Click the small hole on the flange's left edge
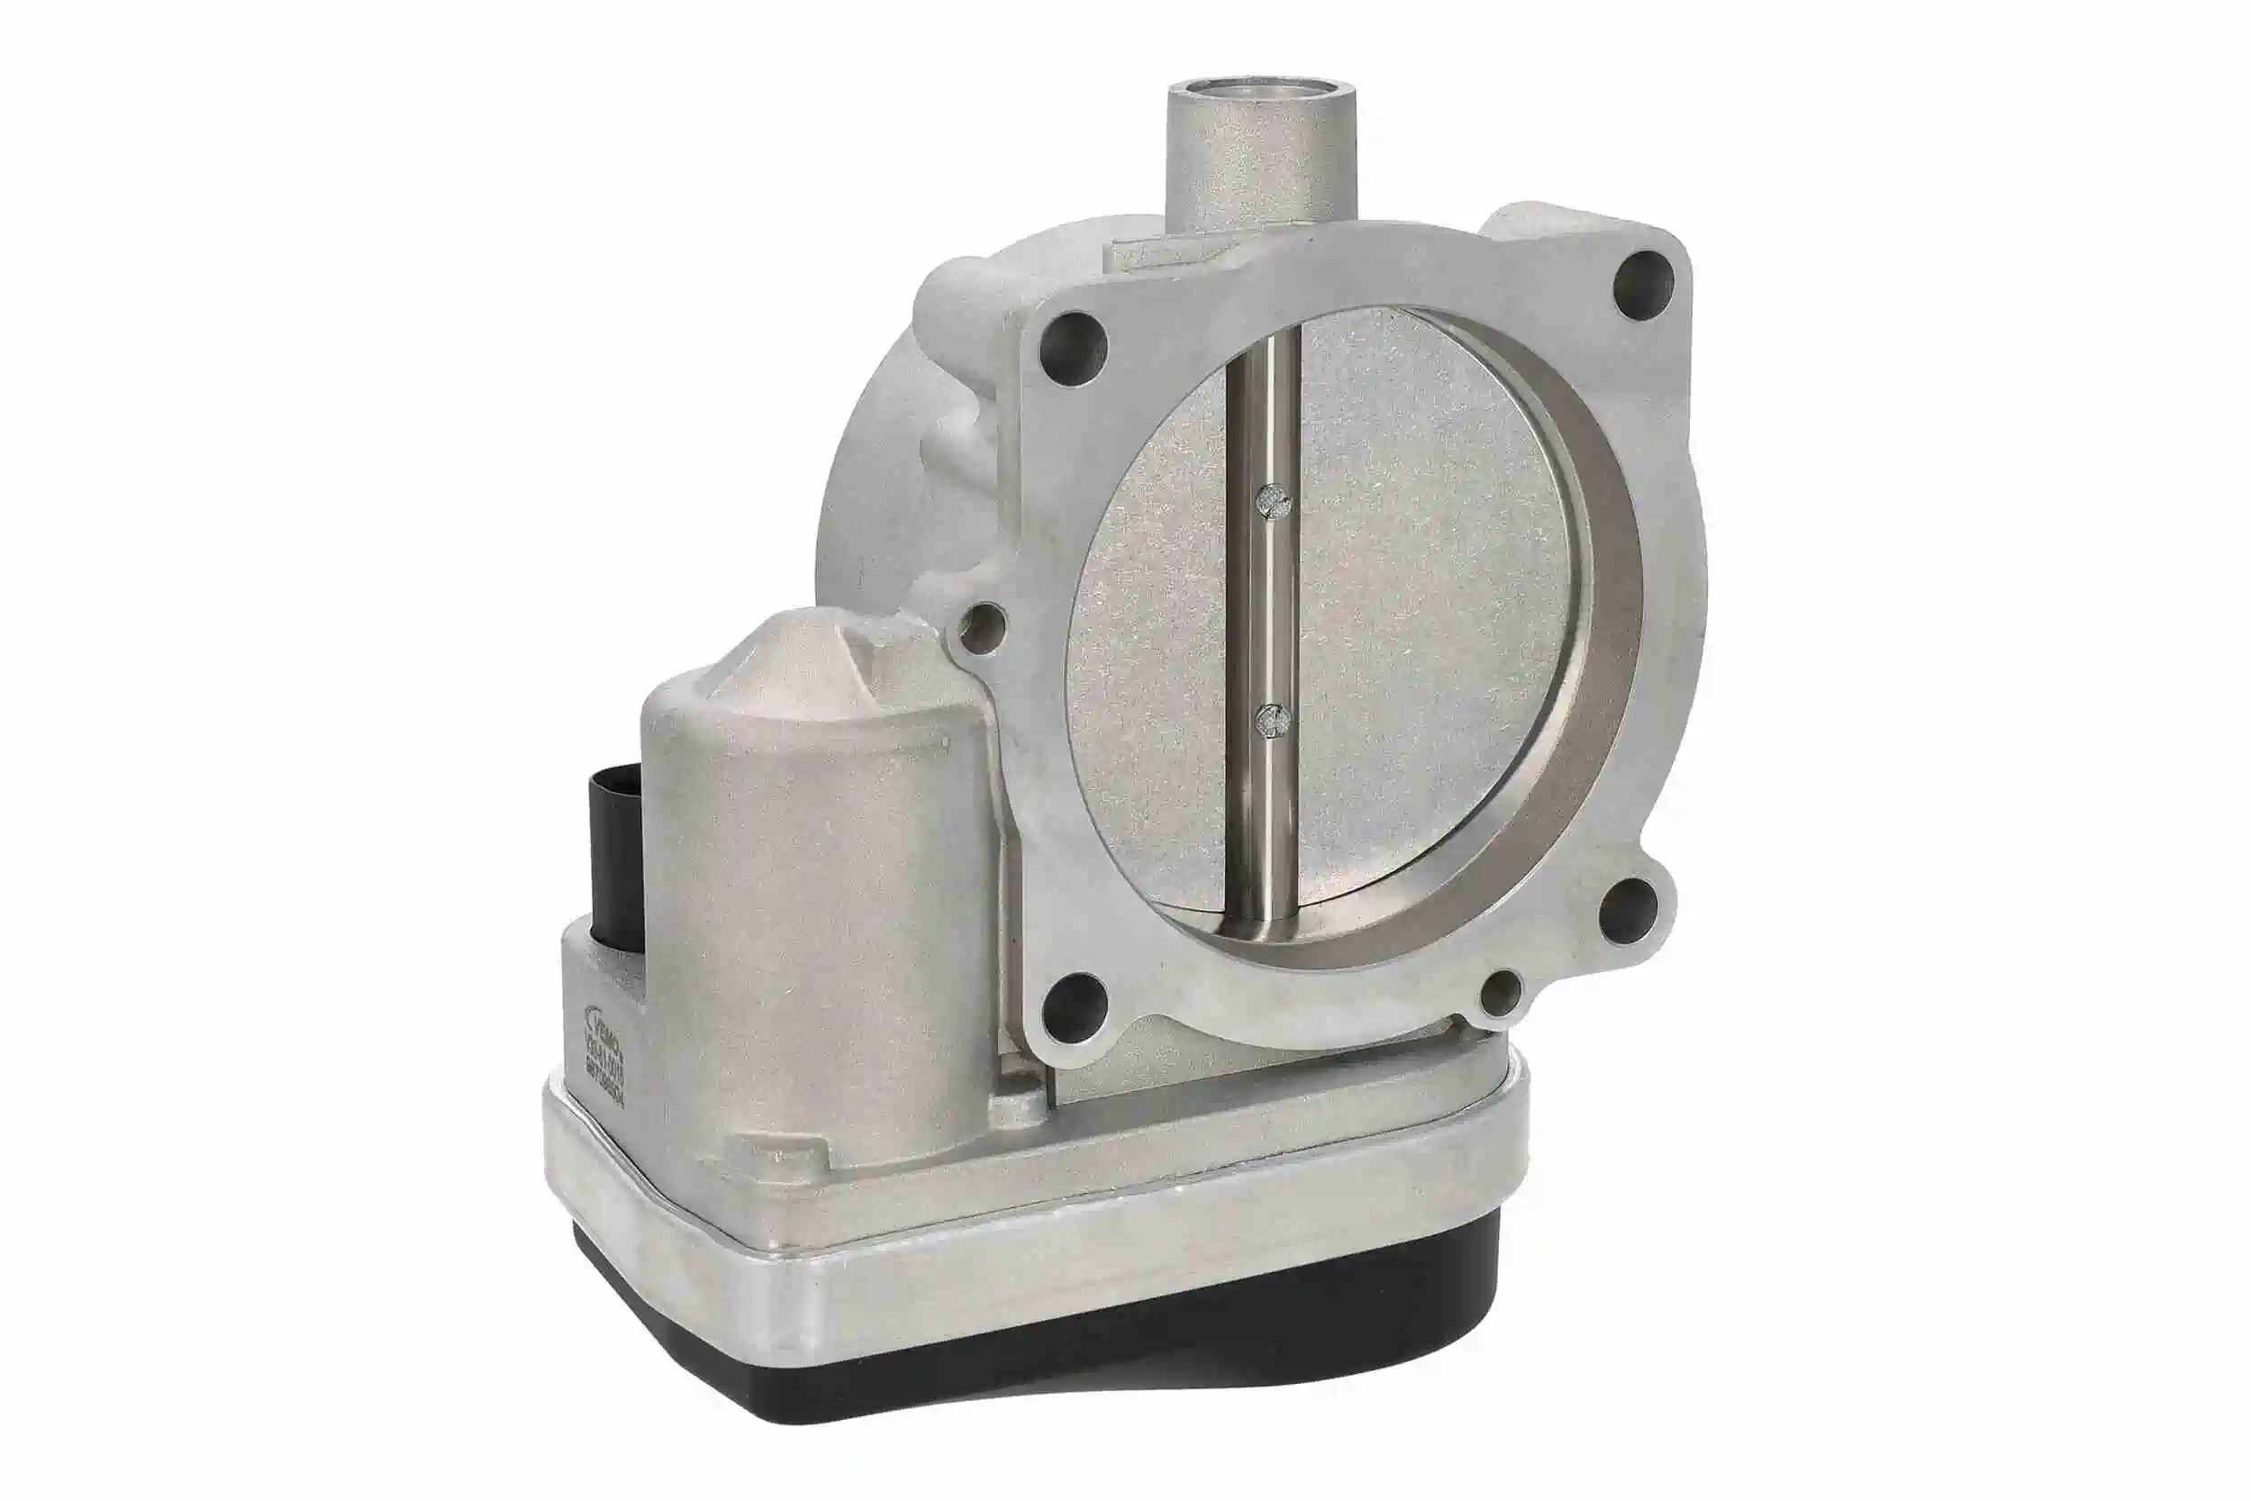[983, 625]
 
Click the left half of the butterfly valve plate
[1148, 670]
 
